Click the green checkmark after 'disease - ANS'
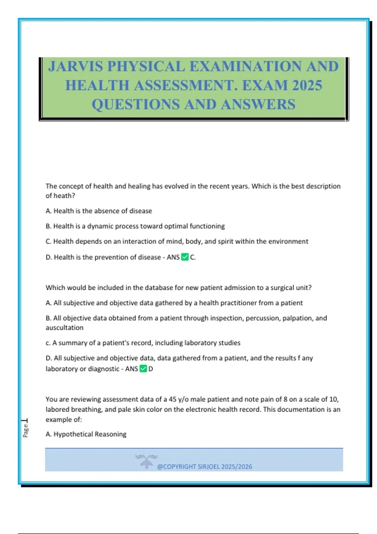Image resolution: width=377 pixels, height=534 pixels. pos(185,257)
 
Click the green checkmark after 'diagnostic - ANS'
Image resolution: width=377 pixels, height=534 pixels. pos(143,369)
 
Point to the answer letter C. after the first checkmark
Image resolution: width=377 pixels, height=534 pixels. pos(193,257)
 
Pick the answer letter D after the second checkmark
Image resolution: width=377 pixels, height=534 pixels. pos(151,369)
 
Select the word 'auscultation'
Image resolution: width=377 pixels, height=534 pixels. pos(64,328)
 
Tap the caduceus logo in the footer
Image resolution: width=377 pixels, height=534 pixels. pos(146,461)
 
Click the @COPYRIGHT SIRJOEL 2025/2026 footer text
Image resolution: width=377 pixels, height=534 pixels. pos(205,466)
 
